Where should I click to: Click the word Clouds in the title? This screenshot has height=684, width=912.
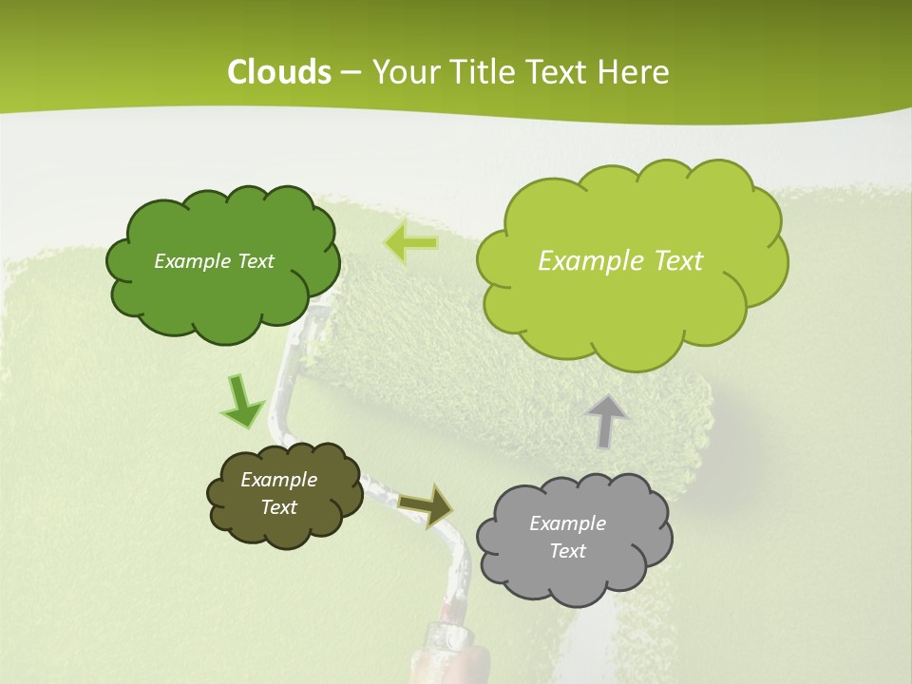279,72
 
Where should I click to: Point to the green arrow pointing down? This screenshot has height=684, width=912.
241,403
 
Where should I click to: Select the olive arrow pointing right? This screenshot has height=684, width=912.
427,504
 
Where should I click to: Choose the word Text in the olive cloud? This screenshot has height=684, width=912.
278,507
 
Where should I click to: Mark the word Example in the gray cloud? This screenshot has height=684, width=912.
567,523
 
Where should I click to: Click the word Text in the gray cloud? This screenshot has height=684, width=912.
567,551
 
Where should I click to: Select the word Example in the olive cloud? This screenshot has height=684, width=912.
278,480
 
